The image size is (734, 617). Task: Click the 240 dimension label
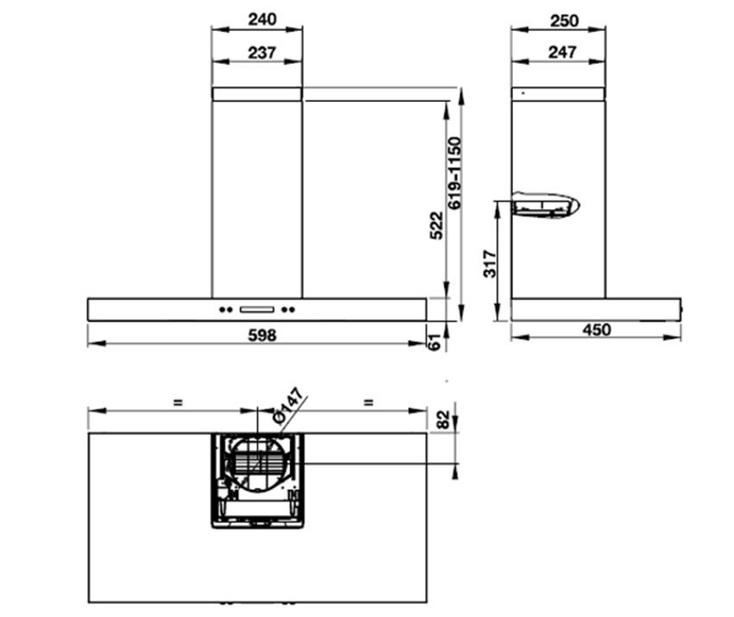pyautogui.click(x=263, y=19)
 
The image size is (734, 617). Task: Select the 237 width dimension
pyautogui.click(x=263, y=53)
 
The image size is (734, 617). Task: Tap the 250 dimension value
pyautogui.click(x=564, y=21)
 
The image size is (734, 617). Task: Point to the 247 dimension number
pyautogui.click(x=562, y=52)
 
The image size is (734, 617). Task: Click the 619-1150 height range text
pyautogui.click(x=454, y=173)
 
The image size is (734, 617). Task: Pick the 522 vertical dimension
pyautogui.click(x=436, y=226)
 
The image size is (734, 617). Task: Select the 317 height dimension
pyautogui.click(x=490, y=264)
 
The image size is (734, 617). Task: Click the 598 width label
pyautogui.click(x=263, y=335)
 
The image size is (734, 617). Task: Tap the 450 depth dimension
pyautogui.click(x=597, y=330)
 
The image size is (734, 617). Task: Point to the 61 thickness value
pyautogui.click(x=435, y=342)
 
